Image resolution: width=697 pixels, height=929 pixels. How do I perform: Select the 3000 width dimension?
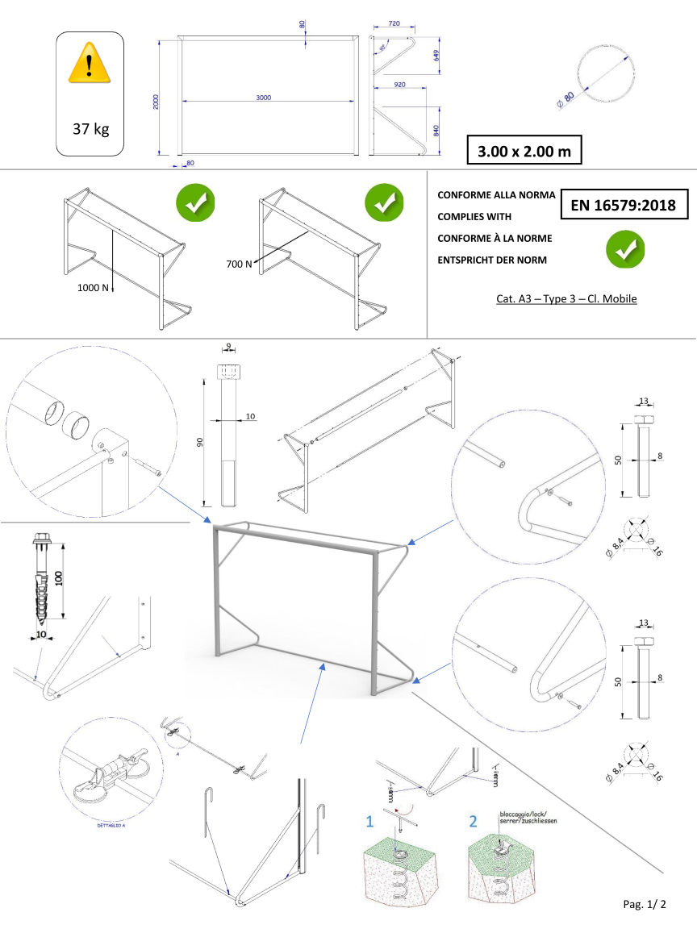(263, 97)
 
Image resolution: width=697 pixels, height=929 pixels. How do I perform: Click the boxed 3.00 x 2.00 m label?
(524, 151)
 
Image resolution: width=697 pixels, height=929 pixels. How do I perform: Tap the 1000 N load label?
(94, 287)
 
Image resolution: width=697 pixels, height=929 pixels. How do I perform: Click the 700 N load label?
(239, 264)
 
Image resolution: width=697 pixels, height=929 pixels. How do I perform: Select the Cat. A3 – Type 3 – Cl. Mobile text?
(566, 299)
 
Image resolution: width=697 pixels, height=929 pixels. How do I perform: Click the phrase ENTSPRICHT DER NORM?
(491, 259)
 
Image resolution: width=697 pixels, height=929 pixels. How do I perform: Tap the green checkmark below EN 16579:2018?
(625, 249)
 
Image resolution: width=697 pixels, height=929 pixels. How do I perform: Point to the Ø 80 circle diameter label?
(565, 99)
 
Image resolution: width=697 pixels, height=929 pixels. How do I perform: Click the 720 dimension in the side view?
(394, 24)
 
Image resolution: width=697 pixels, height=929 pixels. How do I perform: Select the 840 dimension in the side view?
(436, 131)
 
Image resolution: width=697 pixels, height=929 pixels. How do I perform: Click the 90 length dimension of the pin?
(199, 441)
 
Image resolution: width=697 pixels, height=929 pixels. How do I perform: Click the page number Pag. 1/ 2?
(645, 904)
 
